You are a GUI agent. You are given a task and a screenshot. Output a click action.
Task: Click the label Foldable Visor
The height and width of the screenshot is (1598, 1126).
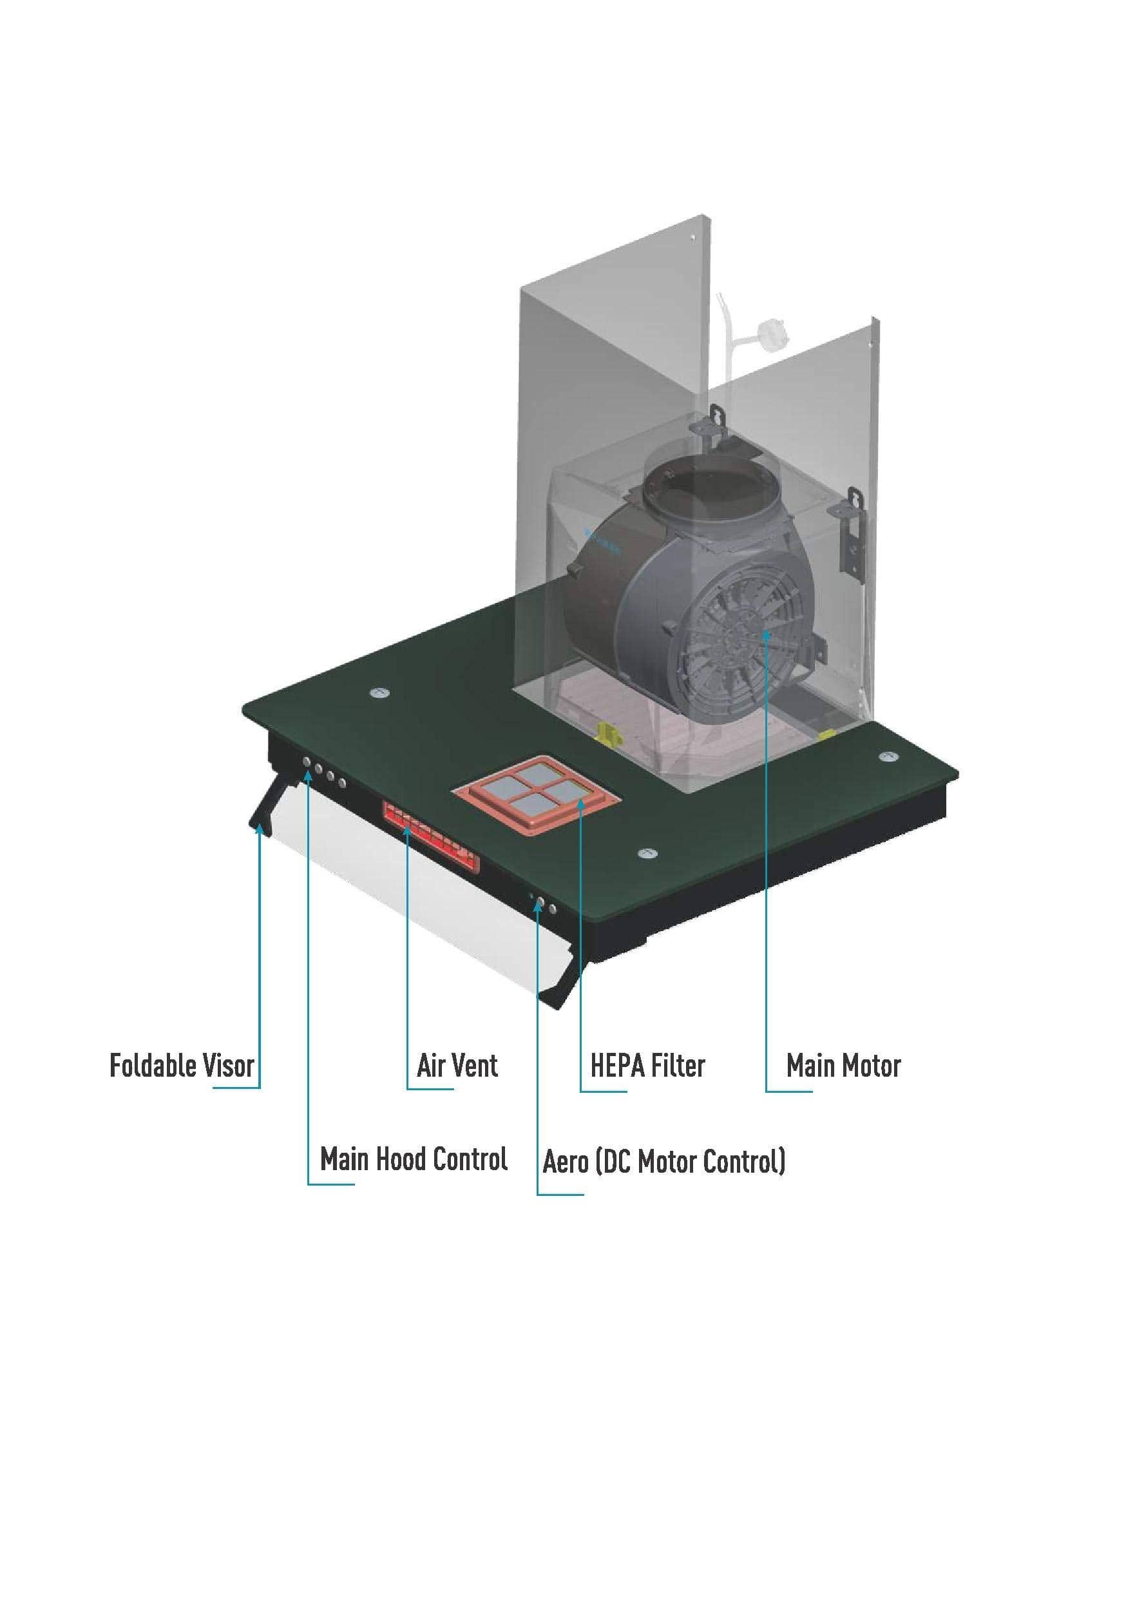coord(182,1066)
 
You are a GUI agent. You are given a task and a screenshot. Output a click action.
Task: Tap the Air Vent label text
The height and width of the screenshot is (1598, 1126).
coord(457,1066)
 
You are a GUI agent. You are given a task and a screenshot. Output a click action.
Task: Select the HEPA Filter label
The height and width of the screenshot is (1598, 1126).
coord(647,1066)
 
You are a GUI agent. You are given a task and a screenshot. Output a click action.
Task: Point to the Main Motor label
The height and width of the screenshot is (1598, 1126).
coord(843,1066)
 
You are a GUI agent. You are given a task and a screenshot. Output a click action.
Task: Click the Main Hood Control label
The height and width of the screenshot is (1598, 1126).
coord(414,1159)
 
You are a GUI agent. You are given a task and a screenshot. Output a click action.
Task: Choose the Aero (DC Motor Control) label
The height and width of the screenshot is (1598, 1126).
coord(664,1161)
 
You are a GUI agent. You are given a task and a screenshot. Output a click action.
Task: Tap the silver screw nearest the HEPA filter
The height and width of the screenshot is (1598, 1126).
coord(647,852)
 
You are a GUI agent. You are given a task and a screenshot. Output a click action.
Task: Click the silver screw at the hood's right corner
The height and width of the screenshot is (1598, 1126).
coord(886,756)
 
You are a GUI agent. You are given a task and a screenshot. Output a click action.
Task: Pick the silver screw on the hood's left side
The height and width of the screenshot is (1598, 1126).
coord(379,693)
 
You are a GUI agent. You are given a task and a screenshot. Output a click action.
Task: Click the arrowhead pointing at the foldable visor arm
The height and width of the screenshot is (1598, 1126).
coord(260,828)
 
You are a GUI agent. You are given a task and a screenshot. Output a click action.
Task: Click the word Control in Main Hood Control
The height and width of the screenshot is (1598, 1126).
coord(470,1159)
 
